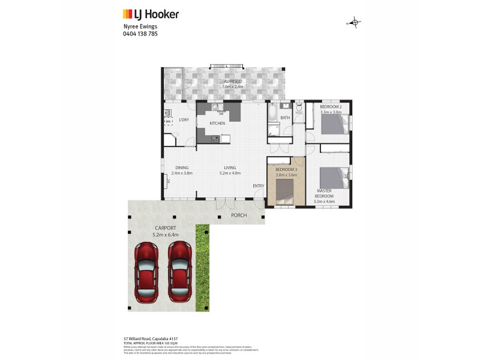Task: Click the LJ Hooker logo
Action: click(151, 14)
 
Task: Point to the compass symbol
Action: click(355, 23)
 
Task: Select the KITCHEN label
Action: click(217, 124)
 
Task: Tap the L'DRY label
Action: click(184, 120)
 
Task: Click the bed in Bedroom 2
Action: click(334, 124)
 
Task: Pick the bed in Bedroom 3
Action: click(284, 191)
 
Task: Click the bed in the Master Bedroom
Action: click(333, 178)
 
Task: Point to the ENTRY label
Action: click(258, 185)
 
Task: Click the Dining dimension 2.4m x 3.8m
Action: click(182, 173)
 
